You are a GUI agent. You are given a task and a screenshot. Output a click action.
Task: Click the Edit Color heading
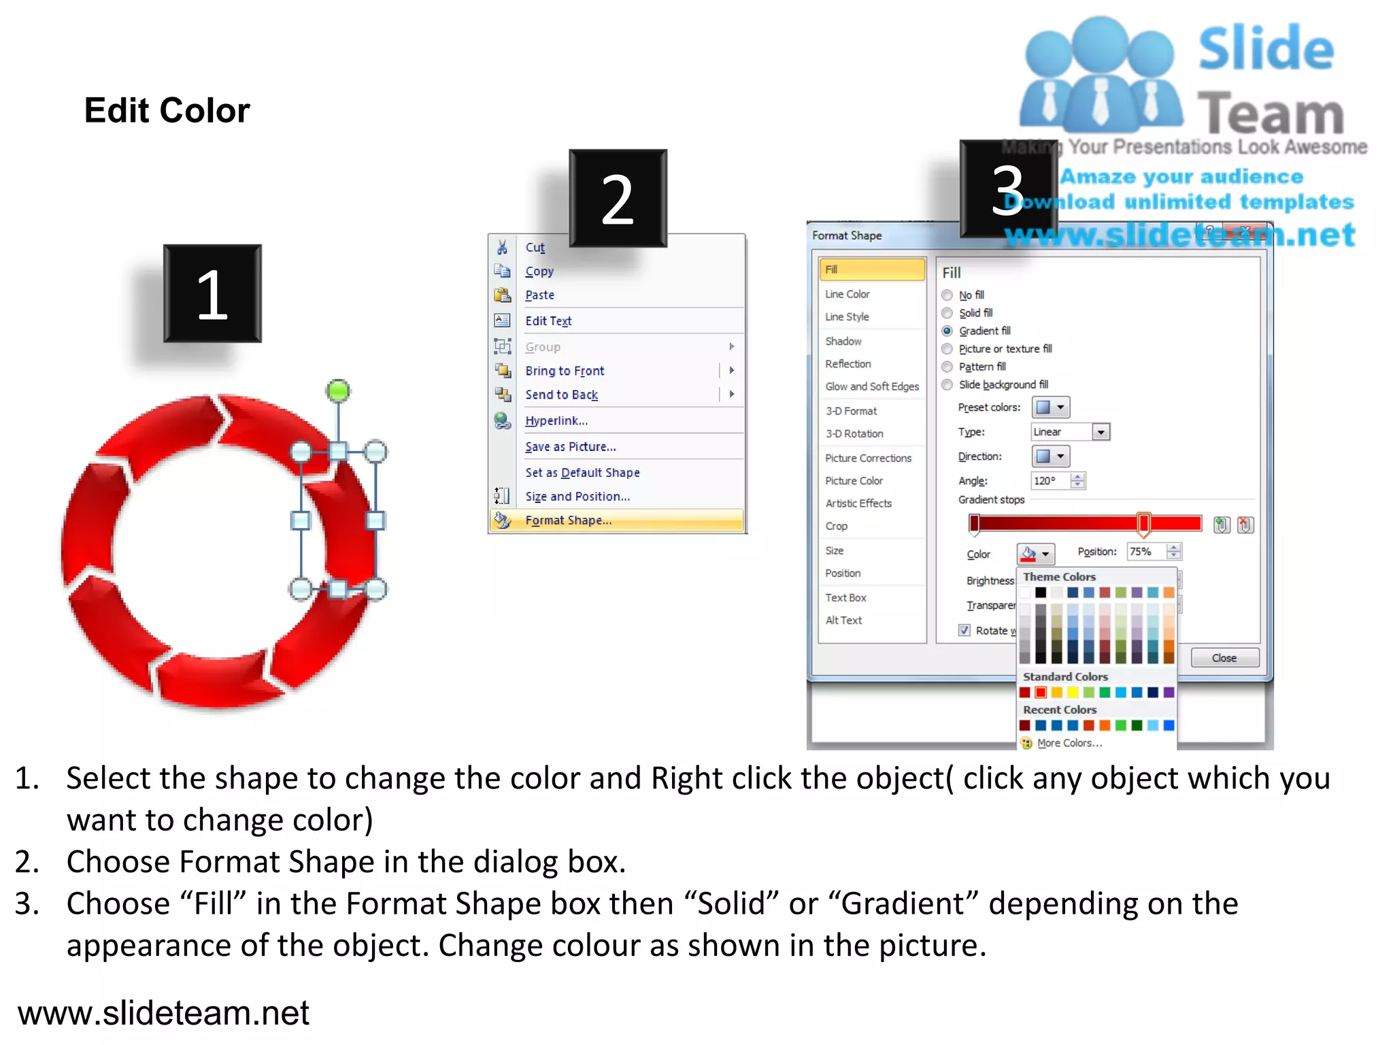(x=167, y=110)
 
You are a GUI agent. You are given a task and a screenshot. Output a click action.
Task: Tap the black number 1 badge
(x=212, y=293)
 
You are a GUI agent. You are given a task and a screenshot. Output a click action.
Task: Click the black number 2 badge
(x=618, y=198)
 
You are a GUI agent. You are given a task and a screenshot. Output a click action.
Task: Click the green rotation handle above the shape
(x=338, y=391)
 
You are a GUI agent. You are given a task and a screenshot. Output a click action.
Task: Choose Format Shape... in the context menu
(x=568, y=520)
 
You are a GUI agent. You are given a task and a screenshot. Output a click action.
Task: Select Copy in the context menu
(x=539, y=271)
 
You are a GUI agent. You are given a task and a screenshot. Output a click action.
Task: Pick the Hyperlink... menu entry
(x=556, y=420)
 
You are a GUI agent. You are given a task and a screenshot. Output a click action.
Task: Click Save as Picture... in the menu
(x=570, y=447)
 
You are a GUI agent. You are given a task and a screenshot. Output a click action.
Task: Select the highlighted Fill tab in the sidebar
(x=871, y=269)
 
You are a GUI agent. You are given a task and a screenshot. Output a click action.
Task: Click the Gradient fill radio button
(x=947, y=331)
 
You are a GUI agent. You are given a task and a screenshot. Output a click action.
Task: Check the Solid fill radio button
(x=947, y=313)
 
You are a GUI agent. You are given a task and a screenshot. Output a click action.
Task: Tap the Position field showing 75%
(x=1146, y=552)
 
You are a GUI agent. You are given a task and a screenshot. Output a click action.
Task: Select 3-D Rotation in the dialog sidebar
(x=854, y=433)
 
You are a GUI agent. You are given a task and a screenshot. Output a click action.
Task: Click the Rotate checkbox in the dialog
(x=964, y=630)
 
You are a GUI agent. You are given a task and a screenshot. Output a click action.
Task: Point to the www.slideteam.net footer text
(x=163, y=1013)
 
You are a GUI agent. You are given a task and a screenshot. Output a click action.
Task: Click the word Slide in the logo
(x=1266, y=49)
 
